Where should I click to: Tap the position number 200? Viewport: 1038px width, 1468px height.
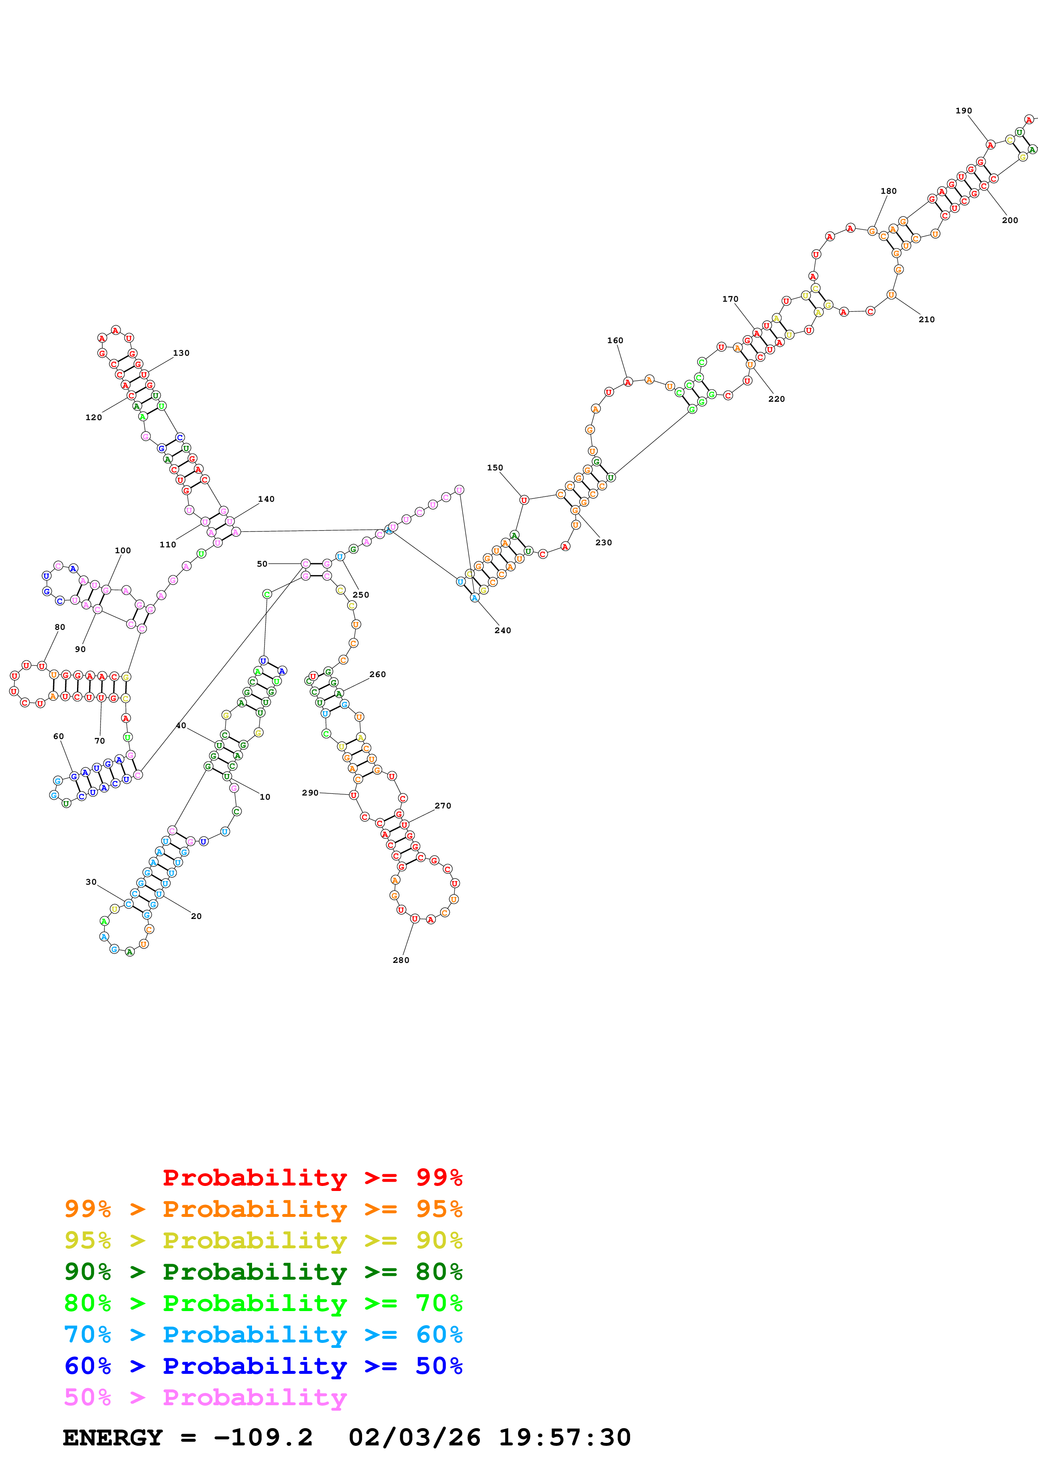click(x=1009, y=220)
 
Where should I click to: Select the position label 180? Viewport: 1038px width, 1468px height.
click(x=889, y=190)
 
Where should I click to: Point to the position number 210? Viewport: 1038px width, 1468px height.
click(x=926, y=319)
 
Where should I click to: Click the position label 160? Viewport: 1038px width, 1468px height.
click(x=615, y=340)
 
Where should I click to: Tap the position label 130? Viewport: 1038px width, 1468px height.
click(x=181, y=352)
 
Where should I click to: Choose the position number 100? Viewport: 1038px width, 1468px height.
click(x=123, y=550)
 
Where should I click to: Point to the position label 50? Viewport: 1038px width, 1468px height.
click(x=262, y=563)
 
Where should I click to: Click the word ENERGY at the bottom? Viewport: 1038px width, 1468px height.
click(x=113, y=1437)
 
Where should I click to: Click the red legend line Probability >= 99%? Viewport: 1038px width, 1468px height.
click(x=312, y=1177)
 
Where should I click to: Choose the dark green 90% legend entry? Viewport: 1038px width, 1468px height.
click(x=263, y=1272)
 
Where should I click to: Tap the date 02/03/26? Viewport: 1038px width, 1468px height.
click(x=415, y=1437)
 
